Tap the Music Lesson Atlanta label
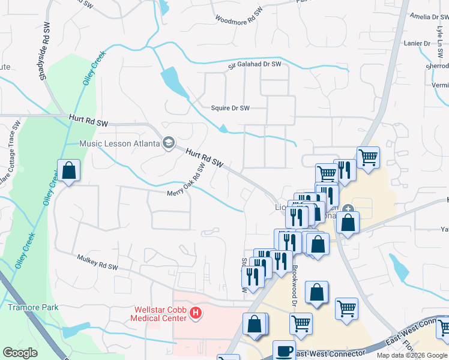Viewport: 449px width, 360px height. [x=119, y=143]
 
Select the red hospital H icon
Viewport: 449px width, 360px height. [x=194, y=312]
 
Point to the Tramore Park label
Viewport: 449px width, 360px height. [x=33, y=307]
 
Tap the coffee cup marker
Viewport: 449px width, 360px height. [x=284, y=350]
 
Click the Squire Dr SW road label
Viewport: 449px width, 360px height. [x=229, y=108]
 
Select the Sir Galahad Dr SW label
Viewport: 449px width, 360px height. [x=254, y=64]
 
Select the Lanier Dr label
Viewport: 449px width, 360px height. [x=418, y=43]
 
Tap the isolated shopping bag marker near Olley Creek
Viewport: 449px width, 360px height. [x=69, y=171]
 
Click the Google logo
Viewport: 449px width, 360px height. [x=20, y=353]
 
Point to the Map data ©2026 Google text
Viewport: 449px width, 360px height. [x=412, y=355]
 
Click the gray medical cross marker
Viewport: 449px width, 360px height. [x=349, y=209]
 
